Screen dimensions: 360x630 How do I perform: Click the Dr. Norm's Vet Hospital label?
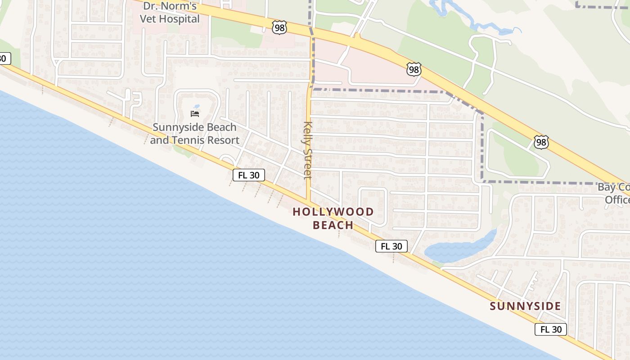tap(170, 13)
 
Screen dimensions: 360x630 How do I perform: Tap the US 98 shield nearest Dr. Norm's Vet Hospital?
tap(279, 28)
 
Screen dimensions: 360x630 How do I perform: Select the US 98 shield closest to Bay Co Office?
tap(541, 142)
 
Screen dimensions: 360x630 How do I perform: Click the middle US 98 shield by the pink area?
tap(413, 69)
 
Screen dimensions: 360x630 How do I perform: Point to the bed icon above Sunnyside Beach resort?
tap(195, 113)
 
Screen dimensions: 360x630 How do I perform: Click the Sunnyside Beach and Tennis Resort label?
tap(194, 134)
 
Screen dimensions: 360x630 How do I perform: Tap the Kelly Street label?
tap(308, 150)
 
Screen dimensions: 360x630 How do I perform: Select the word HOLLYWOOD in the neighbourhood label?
tap(333, 211)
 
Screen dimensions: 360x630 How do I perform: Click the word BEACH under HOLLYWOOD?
tap(333, 225)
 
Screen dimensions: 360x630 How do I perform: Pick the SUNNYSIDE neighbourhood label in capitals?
tap(525, 306)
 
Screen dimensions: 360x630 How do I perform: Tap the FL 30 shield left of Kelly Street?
tap(248, 175)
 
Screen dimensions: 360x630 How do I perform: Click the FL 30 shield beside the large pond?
tap(391, 246)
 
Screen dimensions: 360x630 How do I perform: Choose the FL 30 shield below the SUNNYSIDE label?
tap(551, 329)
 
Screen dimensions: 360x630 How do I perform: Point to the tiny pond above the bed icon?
tap(197, 107)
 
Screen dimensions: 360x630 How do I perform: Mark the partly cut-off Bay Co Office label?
tap(614, 193)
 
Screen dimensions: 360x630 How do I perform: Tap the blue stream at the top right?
tap(477, 22)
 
